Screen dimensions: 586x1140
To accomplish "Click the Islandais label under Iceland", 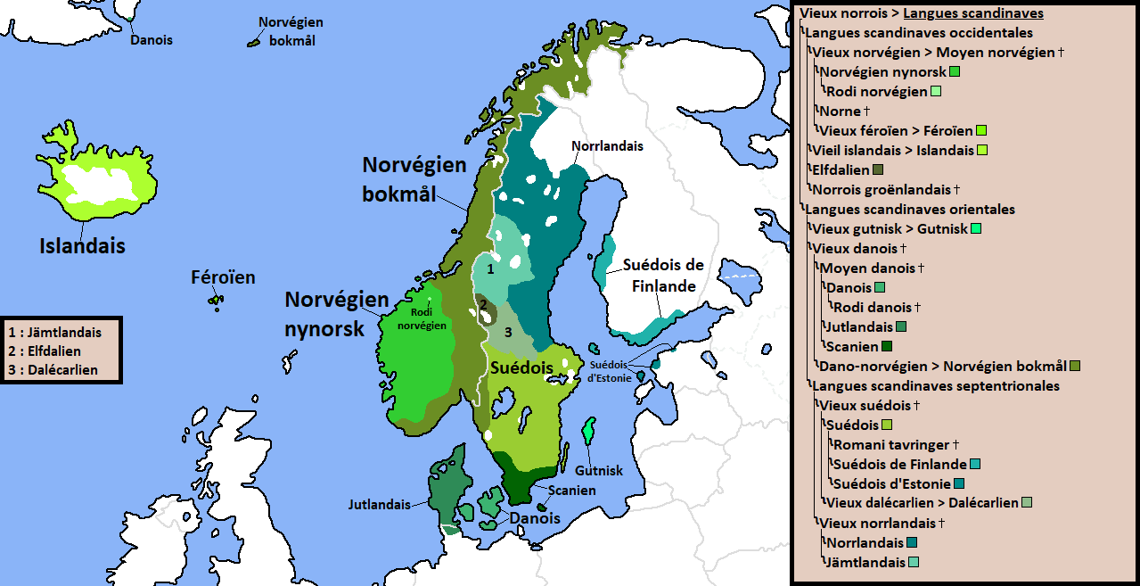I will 82,246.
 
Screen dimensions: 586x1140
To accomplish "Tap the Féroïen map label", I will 223,277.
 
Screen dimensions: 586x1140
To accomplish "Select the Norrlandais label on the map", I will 607,145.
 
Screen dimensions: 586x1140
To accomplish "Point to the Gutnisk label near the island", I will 599,470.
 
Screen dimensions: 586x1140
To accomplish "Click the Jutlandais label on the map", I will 380,504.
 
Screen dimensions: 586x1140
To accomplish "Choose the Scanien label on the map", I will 572,491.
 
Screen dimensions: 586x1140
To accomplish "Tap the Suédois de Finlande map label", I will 663,276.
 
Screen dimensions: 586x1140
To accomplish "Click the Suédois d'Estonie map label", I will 610,371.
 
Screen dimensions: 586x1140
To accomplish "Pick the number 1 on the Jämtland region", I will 489,267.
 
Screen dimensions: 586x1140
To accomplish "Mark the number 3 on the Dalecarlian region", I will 507,332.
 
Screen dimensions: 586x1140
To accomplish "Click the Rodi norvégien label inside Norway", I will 428,319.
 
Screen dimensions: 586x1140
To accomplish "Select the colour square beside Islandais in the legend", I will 982,150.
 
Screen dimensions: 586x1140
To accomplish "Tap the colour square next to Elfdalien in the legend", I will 878,169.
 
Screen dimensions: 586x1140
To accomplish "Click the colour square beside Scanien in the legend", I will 886,346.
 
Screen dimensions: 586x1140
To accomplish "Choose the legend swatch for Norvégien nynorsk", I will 955,71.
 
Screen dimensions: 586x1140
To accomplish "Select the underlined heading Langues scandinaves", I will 972,13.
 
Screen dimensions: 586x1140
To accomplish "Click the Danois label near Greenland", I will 152,40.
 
